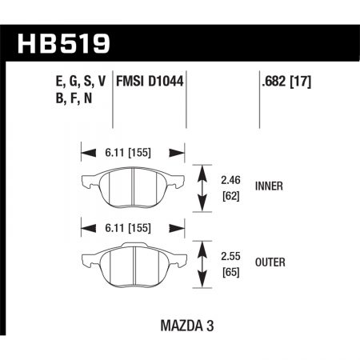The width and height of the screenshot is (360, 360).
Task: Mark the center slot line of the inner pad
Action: [133, 189]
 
